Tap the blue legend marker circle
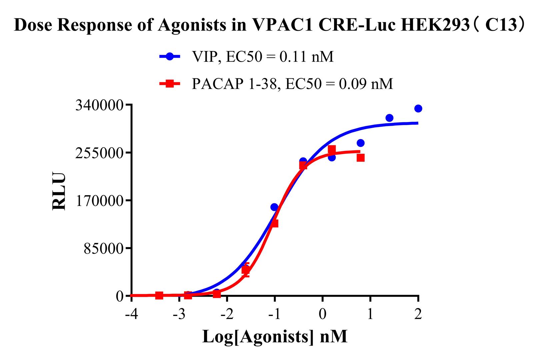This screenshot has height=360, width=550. pos(170,57)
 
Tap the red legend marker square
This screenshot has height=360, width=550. pos(170,84)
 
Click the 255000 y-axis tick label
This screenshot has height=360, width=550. pos(99,153)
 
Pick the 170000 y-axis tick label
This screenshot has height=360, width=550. pos(99,201)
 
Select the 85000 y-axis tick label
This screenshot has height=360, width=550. pos(103,248)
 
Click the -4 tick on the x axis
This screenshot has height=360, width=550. pos(131,314)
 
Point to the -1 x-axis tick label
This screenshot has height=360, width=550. pos(274,314)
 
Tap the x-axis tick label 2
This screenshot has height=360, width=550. pos(418,314)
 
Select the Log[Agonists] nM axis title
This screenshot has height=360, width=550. pos(275,336)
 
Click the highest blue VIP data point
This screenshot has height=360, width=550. pos(418,109)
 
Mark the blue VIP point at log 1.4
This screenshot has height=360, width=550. pos(389,118)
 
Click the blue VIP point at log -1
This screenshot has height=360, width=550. pos(274,207)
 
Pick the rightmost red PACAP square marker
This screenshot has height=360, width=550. pos(360,158)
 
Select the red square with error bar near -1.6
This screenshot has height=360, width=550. pos(246,270)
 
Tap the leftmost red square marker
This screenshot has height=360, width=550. pos(159,295)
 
